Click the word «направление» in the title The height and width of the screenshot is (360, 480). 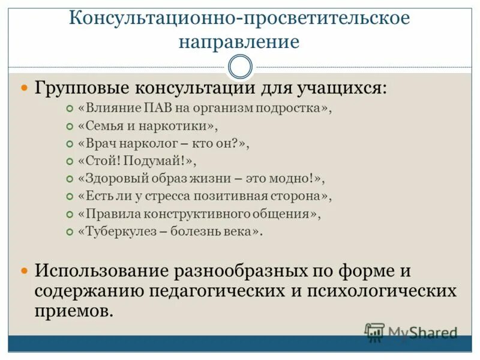point(239,42)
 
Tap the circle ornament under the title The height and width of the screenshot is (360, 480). point(241,67)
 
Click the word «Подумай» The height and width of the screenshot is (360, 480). point(158,161)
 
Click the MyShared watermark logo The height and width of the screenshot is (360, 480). point(411,332)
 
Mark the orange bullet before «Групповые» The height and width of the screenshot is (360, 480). point(25,88)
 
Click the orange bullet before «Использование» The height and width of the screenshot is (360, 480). point(25,270)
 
